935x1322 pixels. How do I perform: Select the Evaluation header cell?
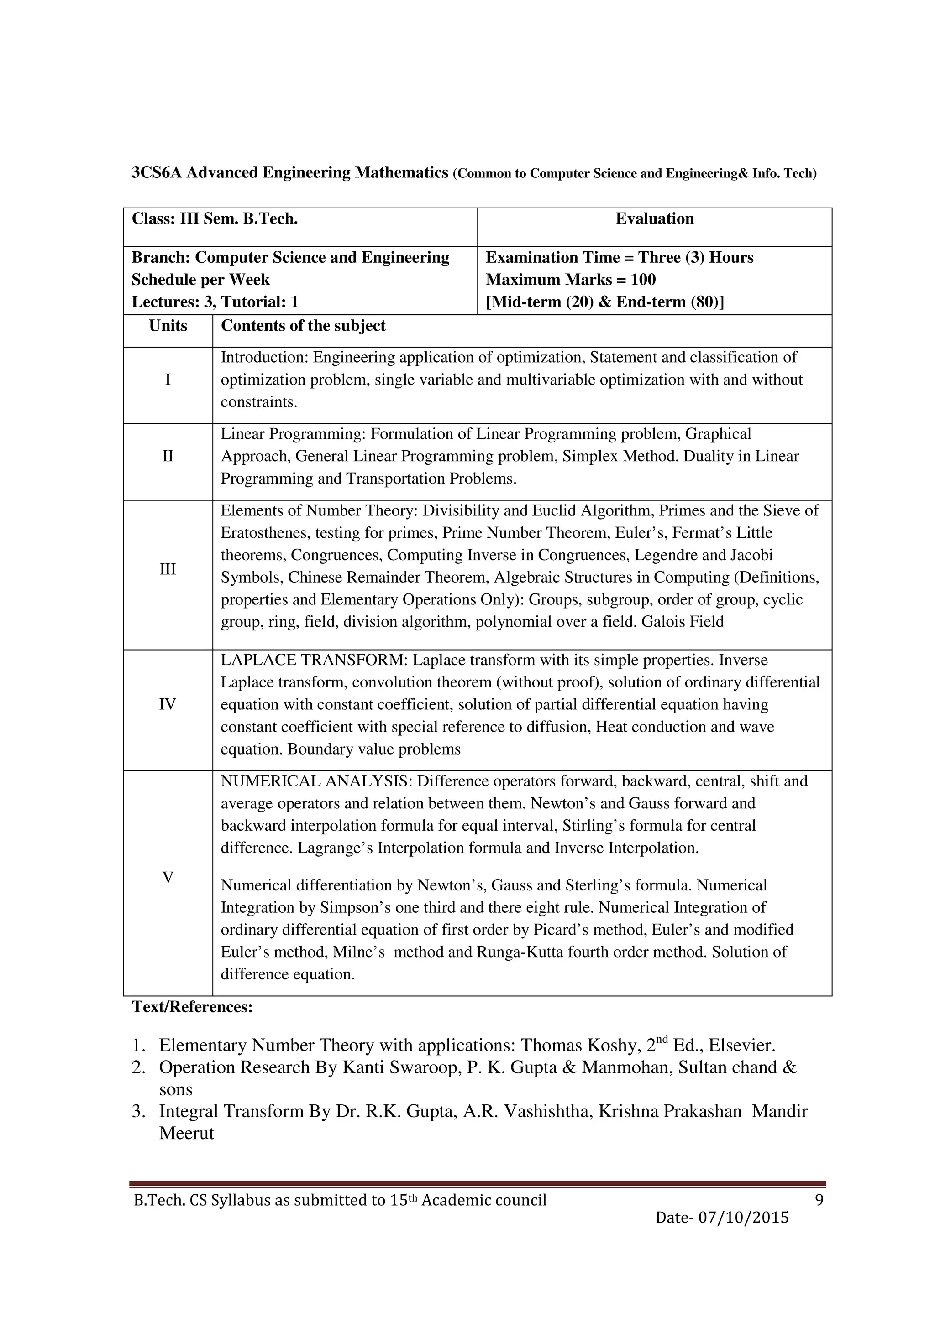point(654,219)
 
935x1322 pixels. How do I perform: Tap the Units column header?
point(168,326)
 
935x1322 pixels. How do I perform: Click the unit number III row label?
point(168,569)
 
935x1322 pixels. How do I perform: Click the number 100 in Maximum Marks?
point(643,280)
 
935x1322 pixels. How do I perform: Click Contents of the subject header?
point(303,326)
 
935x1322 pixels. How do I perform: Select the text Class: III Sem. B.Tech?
point(214,219)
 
